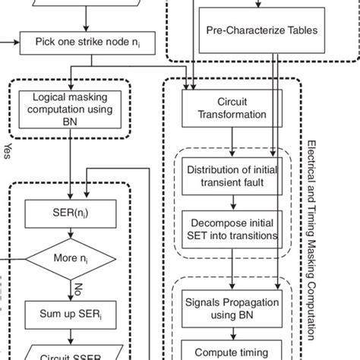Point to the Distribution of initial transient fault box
(x=232, y=174)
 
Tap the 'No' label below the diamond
(x=77, y=289)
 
